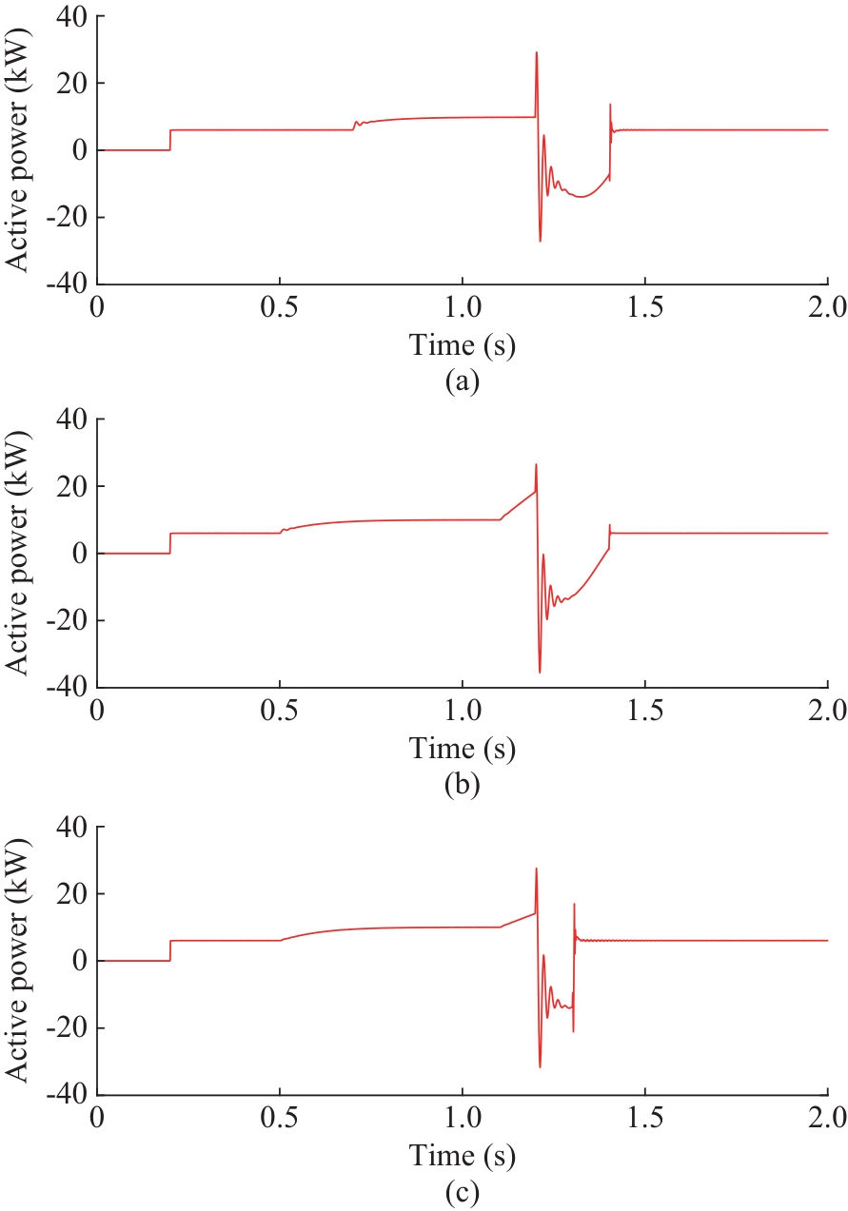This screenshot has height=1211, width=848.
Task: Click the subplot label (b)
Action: [463, 785]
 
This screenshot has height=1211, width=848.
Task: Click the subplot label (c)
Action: [463, 1191]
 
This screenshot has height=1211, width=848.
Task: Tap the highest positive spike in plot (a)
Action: [537, 53]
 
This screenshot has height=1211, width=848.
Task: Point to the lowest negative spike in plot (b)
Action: [540, 672]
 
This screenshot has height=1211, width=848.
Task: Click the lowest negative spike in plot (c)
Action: [540, 1065]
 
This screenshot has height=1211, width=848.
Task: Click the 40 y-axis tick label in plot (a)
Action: [69, 16]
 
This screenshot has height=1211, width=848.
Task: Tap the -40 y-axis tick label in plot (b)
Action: [64, 687]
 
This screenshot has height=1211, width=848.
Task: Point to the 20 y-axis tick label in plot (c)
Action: [69, 894]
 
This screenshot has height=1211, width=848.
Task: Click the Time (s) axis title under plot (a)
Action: [463, 345]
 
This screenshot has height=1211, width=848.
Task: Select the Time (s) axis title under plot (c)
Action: [463, 1156]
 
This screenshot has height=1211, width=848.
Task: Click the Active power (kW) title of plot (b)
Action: [20, 553]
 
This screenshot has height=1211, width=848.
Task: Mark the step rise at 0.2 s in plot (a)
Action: [170, 140]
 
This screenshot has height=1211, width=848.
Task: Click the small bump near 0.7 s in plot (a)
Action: [357, 123]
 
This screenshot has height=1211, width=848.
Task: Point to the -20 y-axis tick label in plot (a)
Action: [64, 217]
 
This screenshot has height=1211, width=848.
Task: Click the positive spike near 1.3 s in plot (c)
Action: [574, 905]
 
